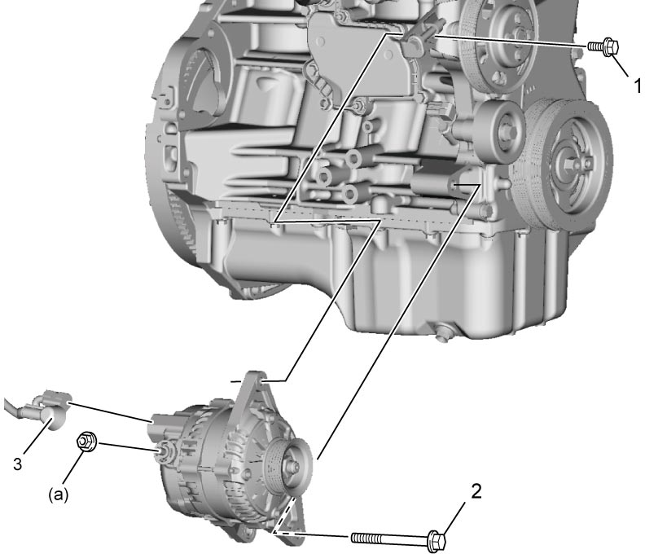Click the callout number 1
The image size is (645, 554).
[x=637, y=86]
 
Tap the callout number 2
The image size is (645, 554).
[x=476, y=491]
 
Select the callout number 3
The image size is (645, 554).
[x=18, y=464]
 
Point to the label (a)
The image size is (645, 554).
[x=58, y=495]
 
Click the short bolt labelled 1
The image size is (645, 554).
[x=603, y=46]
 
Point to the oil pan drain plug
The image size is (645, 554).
[x=442, y=332]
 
